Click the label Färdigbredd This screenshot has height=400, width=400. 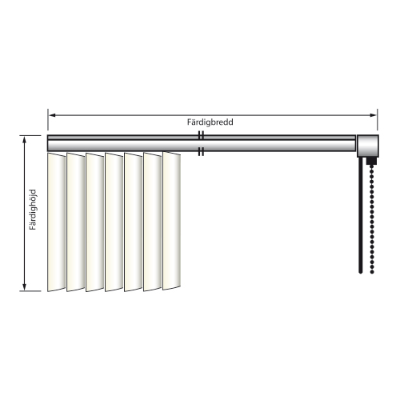click(210, 122)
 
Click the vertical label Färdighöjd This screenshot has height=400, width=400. click(33, 210)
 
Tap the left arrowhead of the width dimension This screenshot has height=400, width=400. click(52, 115)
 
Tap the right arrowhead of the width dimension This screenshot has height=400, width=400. click(373, 115)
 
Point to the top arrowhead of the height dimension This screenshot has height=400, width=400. click(25, 140)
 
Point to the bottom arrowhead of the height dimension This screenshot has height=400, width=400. click(25, 287)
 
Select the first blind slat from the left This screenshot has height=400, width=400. click(57, 222)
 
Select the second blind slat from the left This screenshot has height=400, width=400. click(76, 222)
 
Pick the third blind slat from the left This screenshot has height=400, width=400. click(95, 222)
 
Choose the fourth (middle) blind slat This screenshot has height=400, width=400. click(114, 222)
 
